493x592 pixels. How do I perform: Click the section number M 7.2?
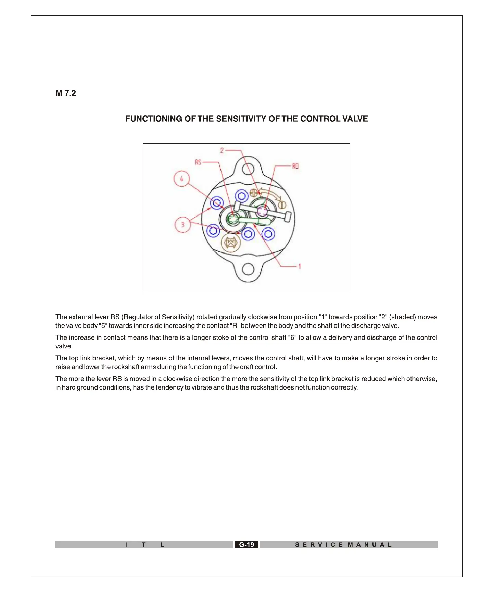click(x=66, y=93)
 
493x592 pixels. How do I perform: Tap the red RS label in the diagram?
click(x=198, y=162)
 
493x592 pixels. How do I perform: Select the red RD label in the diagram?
click(x=295, y=166)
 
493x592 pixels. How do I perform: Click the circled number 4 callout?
click(x=181, y=179)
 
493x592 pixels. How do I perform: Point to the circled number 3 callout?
click(x=182, y=225)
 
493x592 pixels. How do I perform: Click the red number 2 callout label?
click(x=222, y=150)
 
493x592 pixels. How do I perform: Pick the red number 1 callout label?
click(x=300, y=266)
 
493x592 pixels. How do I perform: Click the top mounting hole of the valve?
click(x=248, y=169)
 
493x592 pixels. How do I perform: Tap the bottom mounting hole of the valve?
click(x=248, y=269)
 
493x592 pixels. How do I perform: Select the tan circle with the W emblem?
click(x=231, y=243)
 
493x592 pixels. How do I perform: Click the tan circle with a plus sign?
click(x=253, y=193)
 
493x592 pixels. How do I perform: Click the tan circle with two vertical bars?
click(x=282, y=205)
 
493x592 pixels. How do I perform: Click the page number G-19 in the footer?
click(x=246, y=545)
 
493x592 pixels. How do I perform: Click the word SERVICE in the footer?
click(x=319, y=545)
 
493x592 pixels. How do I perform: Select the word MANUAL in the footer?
click(x=370, y=545)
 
